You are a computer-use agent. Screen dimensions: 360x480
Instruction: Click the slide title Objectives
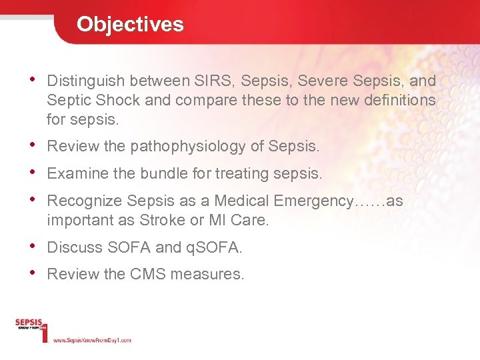click(130, 24)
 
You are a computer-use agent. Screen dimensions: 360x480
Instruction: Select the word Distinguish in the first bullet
click(86, 81)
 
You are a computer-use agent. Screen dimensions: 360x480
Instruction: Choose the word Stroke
click(181, 221)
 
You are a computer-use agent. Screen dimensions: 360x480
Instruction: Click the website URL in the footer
click(92, 340)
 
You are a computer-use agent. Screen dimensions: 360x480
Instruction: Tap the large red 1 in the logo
click(45, 332)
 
